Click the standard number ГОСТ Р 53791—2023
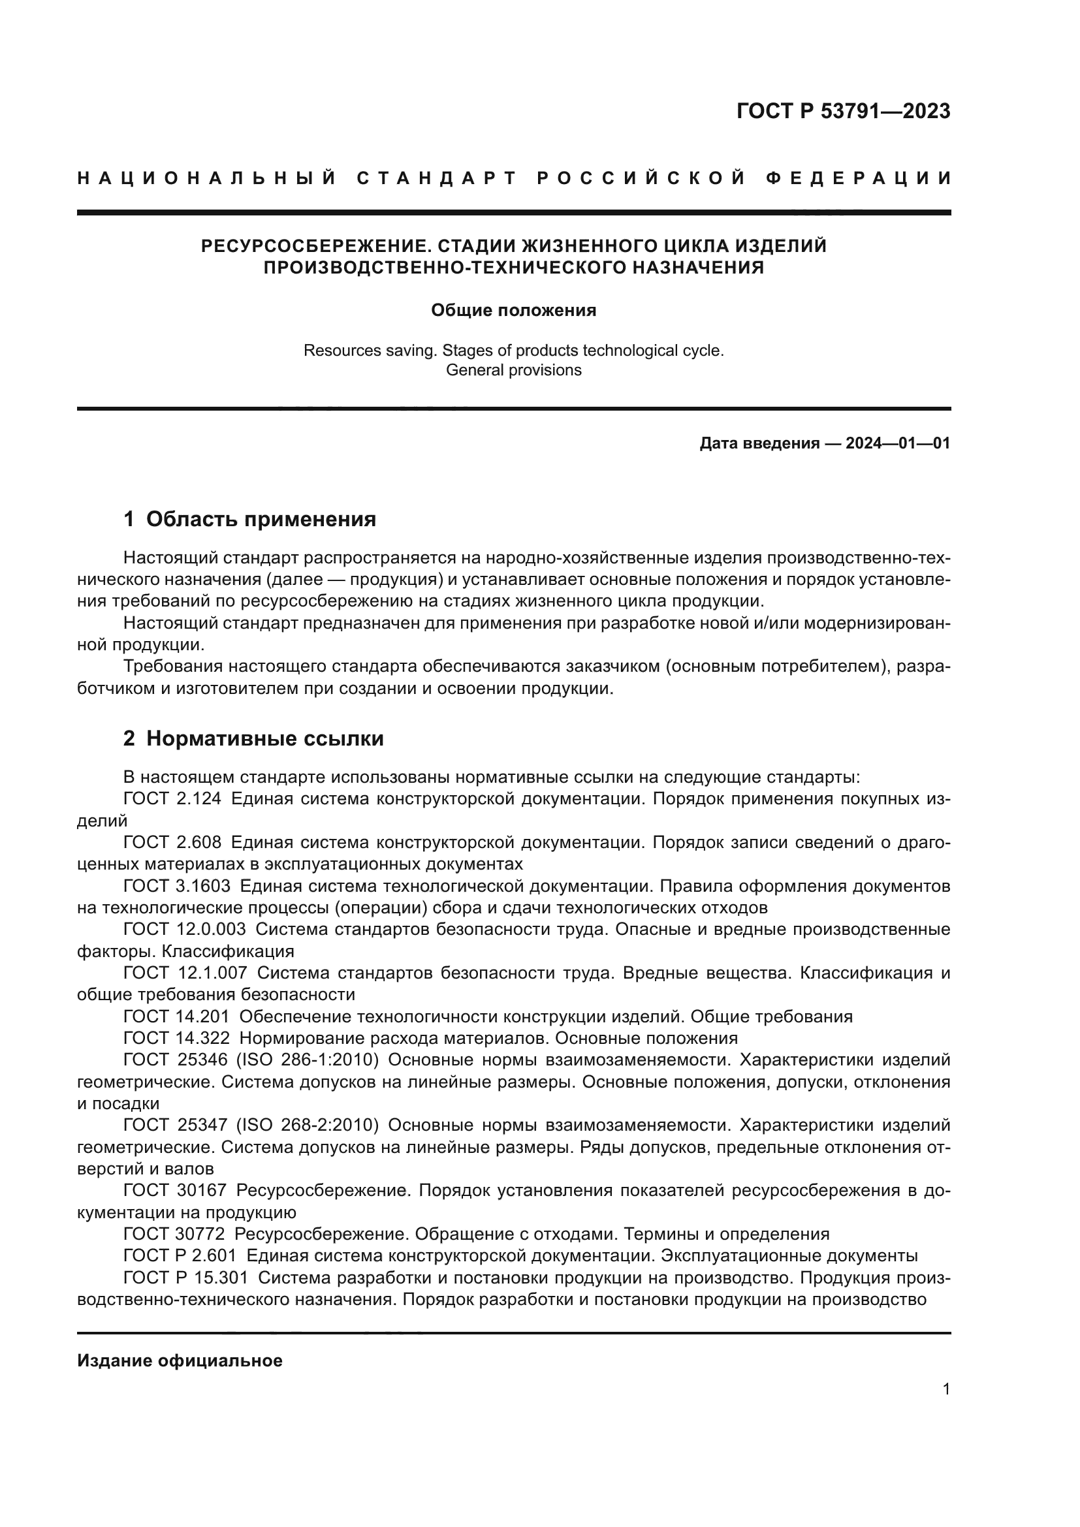[x=842, y=111]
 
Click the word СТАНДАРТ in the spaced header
[x=436, y=178]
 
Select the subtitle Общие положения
[x=513, y=311]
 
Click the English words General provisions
[x=513, y=370]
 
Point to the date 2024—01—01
[x=897, y=443]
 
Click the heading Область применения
[x=261, y=520]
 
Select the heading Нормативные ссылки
[x=264, y=739]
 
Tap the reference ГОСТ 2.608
[x=172, y=843]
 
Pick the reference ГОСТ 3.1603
[x=177, y=886]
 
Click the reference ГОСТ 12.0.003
[x=184, y=929]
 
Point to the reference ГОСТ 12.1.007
[x=185, y=973]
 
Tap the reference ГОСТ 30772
[x=175, y=1235]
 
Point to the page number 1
[x=946, y=1389]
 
